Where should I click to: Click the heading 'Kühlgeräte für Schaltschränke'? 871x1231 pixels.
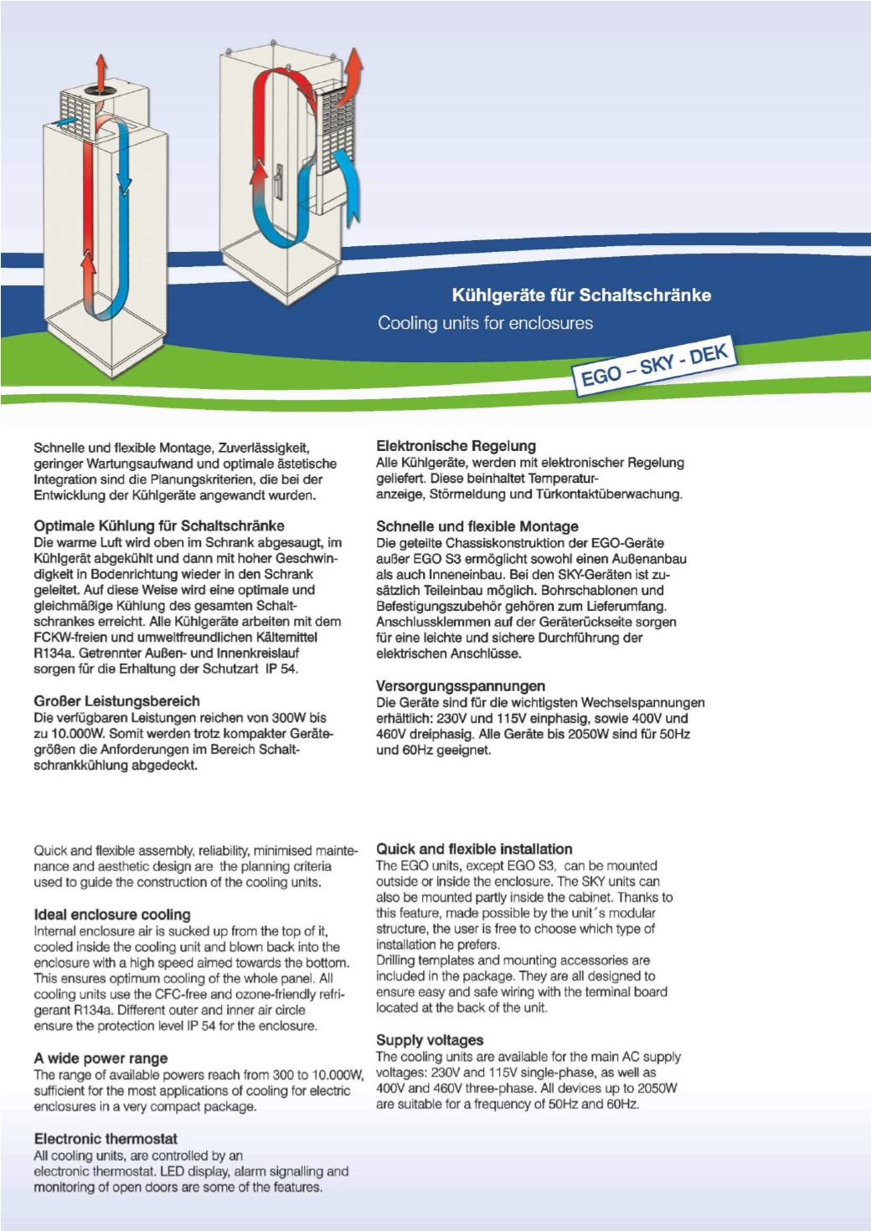(x=581, y=295)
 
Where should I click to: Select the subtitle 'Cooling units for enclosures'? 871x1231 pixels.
(x=485, y=323)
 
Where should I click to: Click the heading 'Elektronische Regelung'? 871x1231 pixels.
(x=456, y=446)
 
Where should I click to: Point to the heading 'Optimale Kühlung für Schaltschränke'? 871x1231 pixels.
(x=158, y=526)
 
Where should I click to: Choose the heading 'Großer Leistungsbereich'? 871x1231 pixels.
(x=116, y=701)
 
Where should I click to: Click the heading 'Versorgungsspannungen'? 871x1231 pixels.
(x=461, y=686)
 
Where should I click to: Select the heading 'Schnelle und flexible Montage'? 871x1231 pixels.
(x=477, y=526)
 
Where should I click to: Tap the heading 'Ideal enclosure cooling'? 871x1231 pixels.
(x=112, y=915)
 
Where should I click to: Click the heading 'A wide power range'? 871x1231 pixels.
(x=100, y=1059)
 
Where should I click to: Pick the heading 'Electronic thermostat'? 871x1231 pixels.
(x=106, y=1139)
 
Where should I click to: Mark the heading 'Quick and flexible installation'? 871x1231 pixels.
(x=474, y=849)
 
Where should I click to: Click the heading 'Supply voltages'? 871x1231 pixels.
(x=430, y=1040)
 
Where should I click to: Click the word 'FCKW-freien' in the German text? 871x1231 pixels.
(x=68, y=637)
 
